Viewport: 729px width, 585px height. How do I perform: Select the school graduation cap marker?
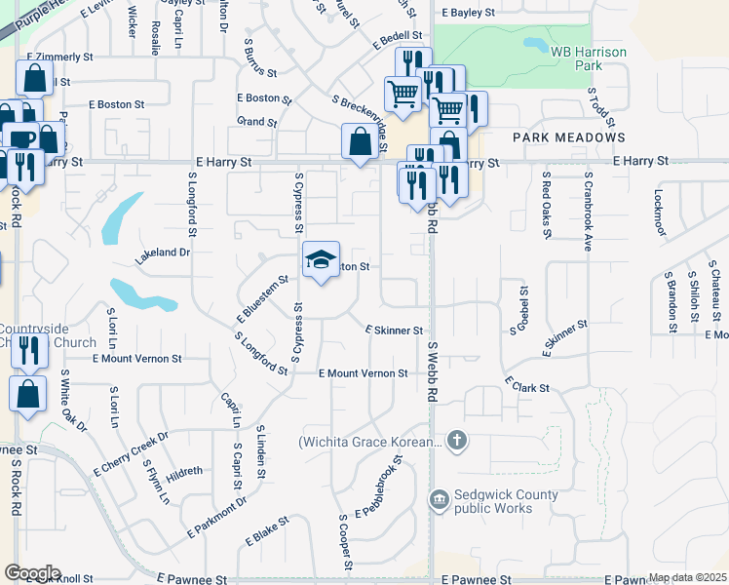pos(321,259)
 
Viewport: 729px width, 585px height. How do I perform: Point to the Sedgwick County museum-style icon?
pos(440,500)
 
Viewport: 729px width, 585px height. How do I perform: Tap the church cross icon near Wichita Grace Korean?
pos(457,442)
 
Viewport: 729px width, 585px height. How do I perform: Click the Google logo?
pos(33,572)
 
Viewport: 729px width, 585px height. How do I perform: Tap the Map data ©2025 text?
pos(687,577)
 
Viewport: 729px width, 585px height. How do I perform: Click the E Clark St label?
pos(526,384)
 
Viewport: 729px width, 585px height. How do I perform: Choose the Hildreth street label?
pos(185,471)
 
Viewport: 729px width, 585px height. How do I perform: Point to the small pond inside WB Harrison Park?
pos(535,44)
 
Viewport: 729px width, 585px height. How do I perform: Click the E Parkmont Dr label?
pos(216,515)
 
